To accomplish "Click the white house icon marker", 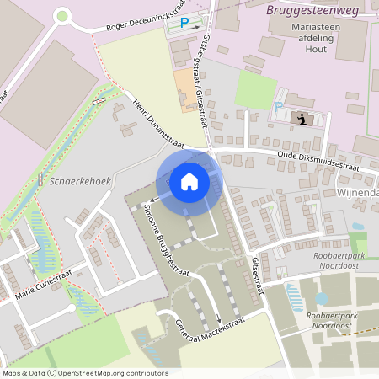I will pyautogui.click(x=189, y=181).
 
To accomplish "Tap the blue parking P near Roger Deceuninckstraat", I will pyautogui.click(x=184, y=24).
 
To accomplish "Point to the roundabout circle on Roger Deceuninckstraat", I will pyautogui.click(x=61, y=14).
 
